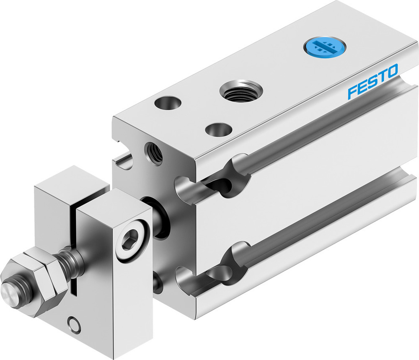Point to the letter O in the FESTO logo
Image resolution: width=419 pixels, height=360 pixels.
(392, 72)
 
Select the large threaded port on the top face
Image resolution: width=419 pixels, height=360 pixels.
(241, 91)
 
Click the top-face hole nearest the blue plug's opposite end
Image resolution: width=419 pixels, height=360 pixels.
(167, 103)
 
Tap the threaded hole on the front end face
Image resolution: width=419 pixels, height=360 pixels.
(153, 153)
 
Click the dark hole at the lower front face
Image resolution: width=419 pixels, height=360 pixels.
(158, 283)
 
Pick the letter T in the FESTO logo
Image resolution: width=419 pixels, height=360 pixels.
(381, 77)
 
